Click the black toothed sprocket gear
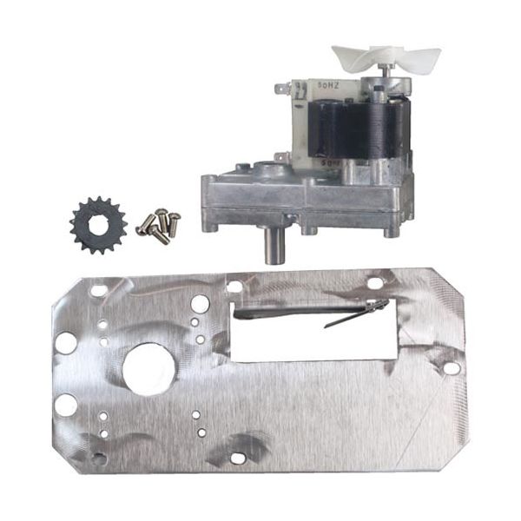click(98, 225)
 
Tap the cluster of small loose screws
click(159, 227)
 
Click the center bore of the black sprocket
click(98, 225)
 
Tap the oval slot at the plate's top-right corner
click(373, 283)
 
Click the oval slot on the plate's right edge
click(451, 368)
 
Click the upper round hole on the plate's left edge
click(66, 342)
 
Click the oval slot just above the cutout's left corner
click(234, 286)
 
